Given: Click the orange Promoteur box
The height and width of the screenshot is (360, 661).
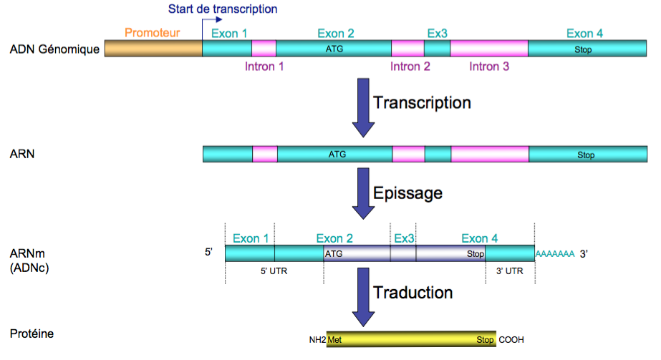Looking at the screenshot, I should [153, 49].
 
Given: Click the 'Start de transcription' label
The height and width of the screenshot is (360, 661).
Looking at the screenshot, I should [222, 9].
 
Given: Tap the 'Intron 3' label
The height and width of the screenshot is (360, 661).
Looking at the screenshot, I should [489, 67].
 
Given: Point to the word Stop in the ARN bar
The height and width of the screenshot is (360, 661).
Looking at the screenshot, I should [586, 154].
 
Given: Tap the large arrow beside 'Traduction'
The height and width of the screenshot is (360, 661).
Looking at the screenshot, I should [364, 298].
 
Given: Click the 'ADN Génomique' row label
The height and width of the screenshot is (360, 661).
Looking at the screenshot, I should [54, 49].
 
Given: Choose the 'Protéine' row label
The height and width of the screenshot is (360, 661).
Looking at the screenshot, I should [32, 334].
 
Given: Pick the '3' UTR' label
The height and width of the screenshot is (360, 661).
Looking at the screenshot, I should [509, 272].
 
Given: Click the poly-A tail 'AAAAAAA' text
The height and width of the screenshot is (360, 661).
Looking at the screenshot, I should [555, 254].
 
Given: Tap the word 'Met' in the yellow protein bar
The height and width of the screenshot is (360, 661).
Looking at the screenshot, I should [334, 340].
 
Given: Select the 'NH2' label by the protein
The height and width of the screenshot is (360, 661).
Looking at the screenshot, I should [317, 341].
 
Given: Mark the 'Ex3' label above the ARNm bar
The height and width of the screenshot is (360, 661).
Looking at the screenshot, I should [404, 238].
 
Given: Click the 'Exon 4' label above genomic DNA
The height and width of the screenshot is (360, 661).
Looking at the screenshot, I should [584, 33].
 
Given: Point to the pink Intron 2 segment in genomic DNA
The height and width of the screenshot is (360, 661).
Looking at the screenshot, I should [407, 49].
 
